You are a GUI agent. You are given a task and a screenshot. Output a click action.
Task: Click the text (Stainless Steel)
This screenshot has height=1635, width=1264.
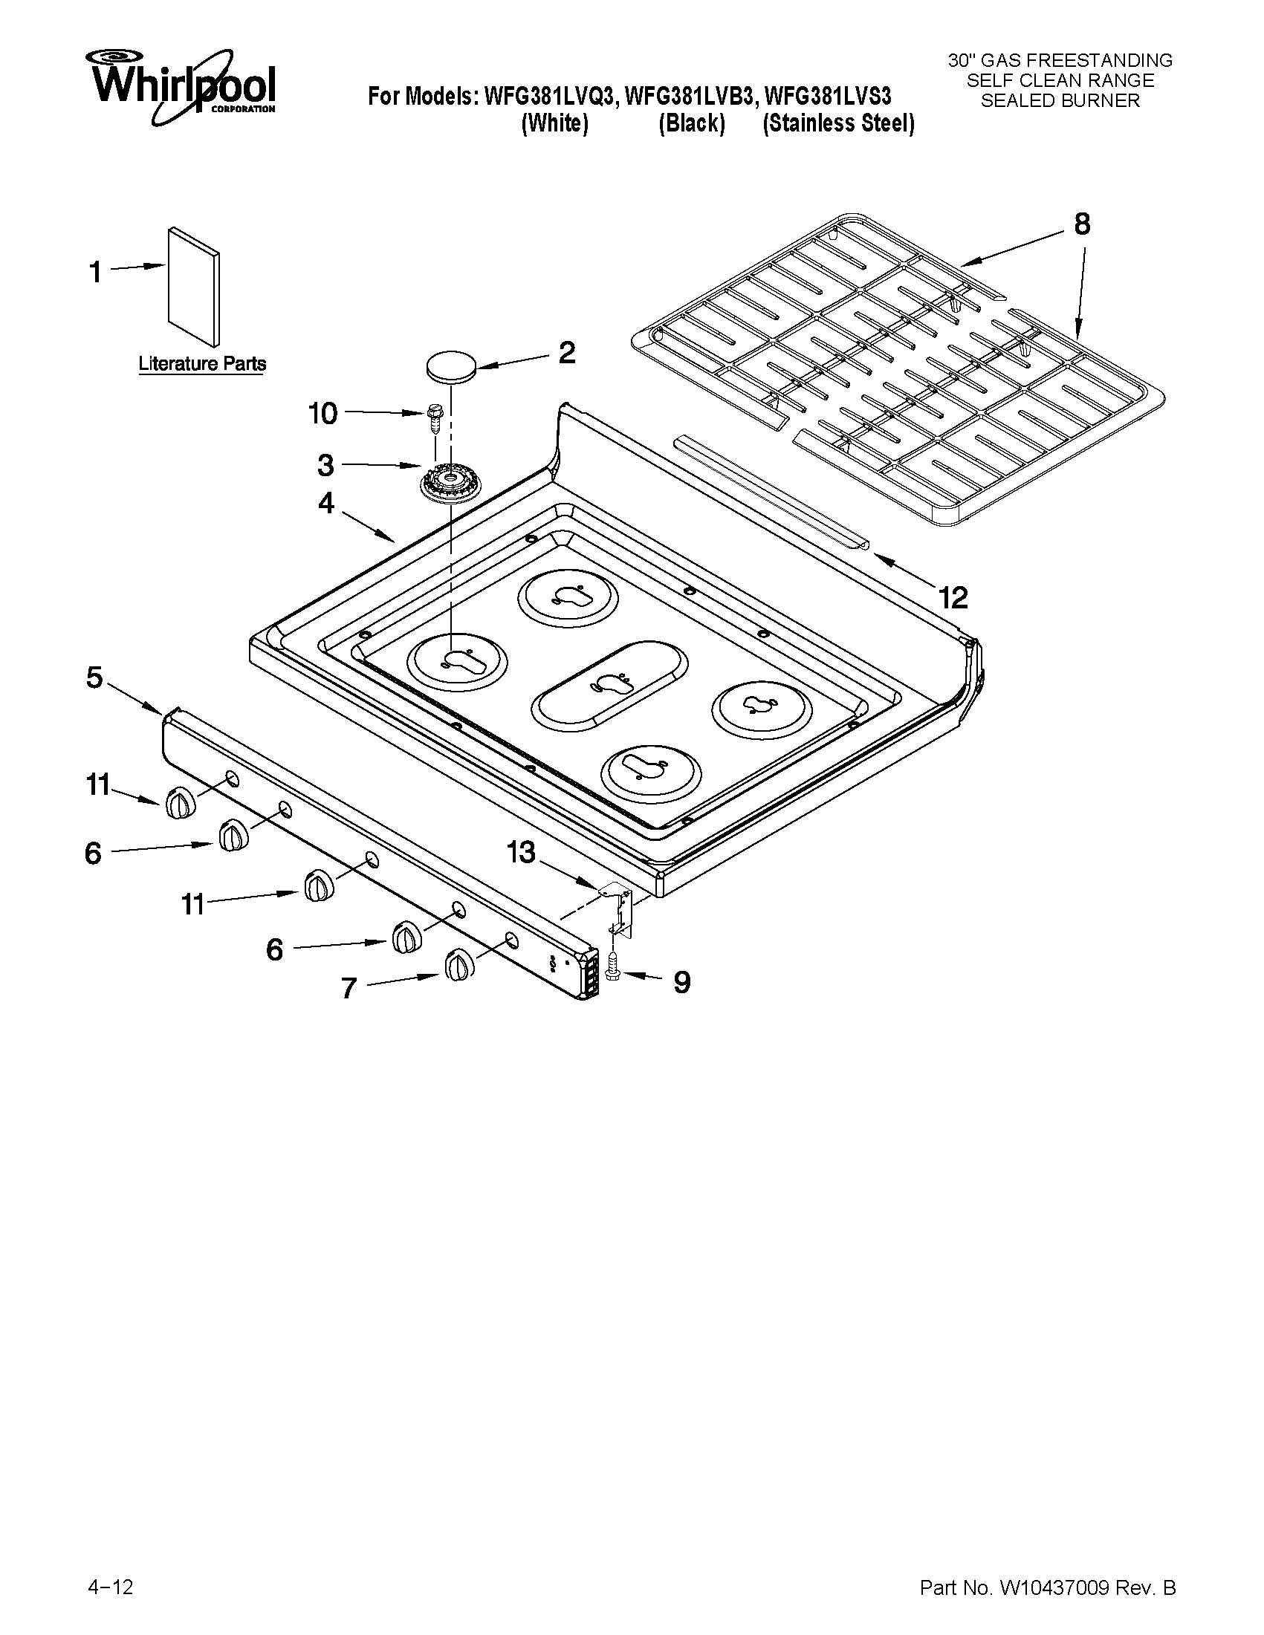(838, 123)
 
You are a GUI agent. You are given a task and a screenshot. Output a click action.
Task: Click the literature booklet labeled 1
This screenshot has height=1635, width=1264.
(195, 288)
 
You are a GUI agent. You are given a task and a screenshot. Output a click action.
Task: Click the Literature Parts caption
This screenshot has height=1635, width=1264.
(202, 365)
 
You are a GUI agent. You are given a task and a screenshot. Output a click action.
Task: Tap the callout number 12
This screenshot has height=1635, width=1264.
(953, 597)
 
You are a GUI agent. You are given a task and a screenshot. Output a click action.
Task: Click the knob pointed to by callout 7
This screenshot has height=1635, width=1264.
(458, 966)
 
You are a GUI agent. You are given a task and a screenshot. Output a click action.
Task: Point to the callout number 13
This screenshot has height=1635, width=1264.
(521, 853)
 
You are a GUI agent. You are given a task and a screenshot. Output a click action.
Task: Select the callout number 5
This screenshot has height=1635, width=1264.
(94, 677)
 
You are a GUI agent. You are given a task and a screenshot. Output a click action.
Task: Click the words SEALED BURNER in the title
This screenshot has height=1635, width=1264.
(1060, 101)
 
